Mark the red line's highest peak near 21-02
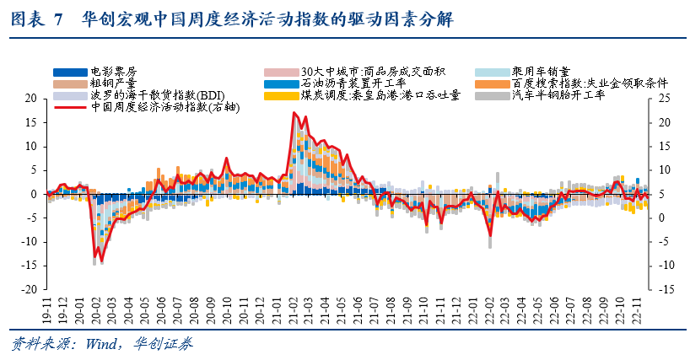pyautogui.click(x=294, y=112)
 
